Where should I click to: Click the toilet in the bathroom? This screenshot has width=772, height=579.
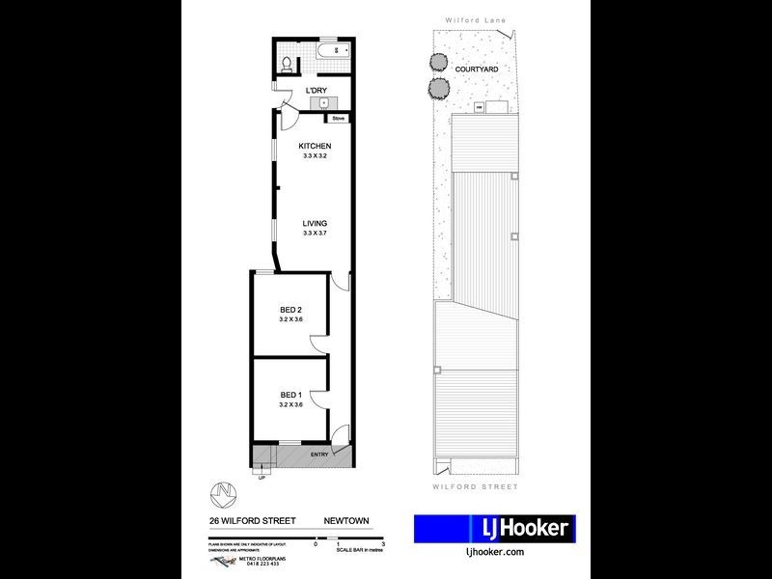(x=288, y=63)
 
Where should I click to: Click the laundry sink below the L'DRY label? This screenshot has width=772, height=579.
(x=325, y=104)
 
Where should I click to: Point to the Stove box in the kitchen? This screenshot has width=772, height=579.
(x=338, y=119)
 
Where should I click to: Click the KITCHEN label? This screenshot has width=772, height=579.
(x=316, y=147)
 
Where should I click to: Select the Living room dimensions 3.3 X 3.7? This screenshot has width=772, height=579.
(x=316, y=233)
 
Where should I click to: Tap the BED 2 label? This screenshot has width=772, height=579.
(x=291, y=310)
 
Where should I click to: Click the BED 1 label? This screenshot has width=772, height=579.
(x=291, y=395)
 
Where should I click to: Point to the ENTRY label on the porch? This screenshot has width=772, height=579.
(x=319, y=454)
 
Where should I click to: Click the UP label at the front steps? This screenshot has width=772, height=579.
(x=261, y=477)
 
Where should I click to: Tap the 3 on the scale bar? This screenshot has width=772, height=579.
(x=384, y=545)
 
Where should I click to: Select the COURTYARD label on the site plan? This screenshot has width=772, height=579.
(x=477, y=69)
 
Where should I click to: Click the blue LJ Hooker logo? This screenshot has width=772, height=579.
(x=494, y=528)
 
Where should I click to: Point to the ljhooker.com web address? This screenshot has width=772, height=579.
(x=494, y=552)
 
